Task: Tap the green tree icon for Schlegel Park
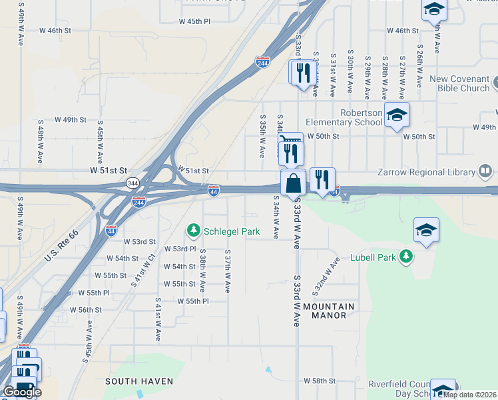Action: point(193,231)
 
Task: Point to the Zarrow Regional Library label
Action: point(433,172)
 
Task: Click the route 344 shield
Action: point(132,182)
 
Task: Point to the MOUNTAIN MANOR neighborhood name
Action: point(329,311)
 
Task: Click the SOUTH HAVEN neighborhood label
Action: point(139,381)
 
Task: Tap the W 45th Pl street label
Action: point(194,21)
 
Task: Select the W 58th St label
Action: point(320,381)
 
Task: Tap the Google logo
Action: point(22,392)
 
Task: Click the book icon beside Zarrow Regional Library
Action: point(486,172)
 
